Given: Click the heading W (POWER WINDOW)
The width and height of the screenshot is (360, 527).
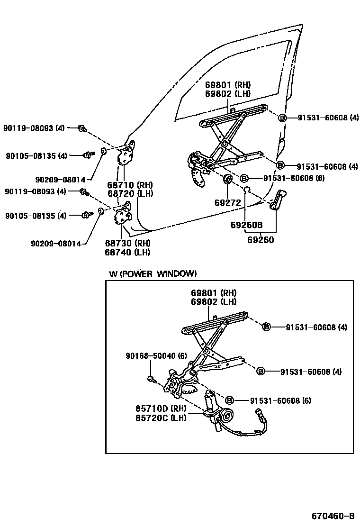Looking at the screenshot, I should coord(153,274).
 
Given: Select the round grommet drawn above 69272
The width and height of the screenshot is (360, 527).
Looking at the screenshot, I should coord(227,179).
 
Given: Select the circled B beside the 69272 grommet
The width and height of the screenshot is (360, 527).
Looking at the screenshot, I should coord(244,179).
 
